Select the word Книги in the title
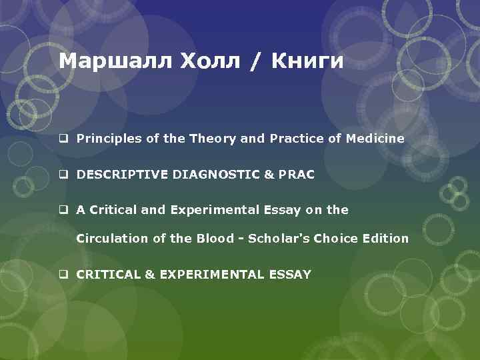coord(309,62)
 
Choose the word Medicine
coord(375,139)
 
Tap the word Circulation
coord(108,238)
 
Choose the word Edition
coord(384,238)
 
